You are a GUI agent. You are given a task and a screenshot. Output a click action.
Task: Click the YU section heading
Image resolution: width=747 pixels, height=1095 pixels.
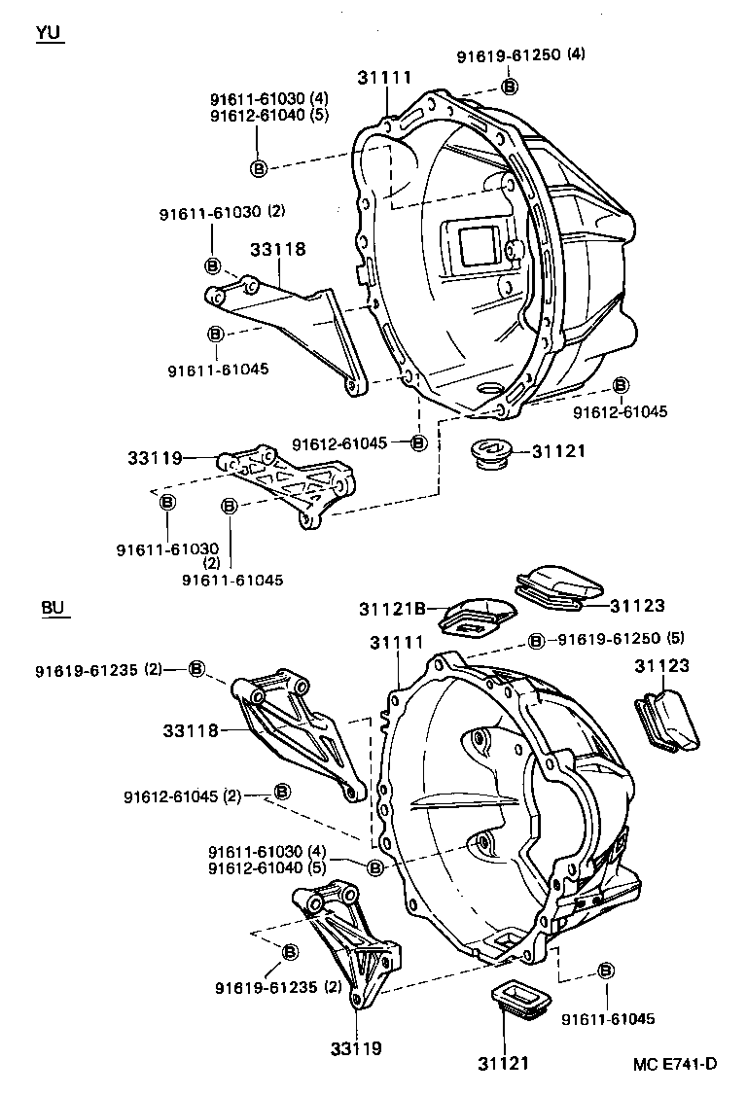[x=48, y=33]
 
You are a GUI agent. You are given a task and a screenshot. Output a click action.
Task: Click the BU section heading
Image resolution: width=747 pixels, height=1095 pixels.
[x=53, y=608]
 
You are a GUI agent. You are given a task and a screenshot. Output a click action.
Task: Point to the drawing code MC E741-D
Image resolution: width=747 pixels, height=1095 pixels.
[x=674, y=1063]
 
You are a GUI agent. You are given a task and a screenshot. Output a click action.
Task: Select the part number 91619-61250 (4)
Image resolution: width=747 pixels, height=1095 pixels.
[x=521, y=56]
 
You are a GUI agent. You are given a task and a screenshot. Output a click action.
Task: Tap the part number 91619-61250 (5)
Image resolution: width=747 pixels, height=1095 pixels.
[x=622, y=639]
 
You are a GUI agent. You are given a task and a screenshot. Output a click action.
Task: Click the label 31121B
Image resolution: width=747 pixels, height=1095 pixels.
[x=392, y=609]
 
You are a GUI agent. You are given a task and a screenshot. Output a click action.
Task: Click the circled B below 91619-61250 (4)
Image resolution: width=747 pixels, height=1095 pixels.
[x=510, y=87]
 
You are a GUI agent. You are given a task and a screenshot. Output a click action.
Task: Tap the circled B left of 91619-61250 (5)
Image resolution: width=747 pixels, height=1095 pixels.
[x=536, y=640]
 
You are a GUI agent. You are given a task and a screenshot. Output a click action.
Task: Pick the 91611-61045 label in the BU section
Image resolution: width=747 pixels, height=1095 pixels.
[x=608, y=1019]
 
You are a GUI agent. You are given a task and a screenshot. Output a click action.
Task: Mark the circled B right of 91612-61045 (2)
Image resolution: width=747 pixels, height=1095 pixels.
[x=281, y=791]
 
